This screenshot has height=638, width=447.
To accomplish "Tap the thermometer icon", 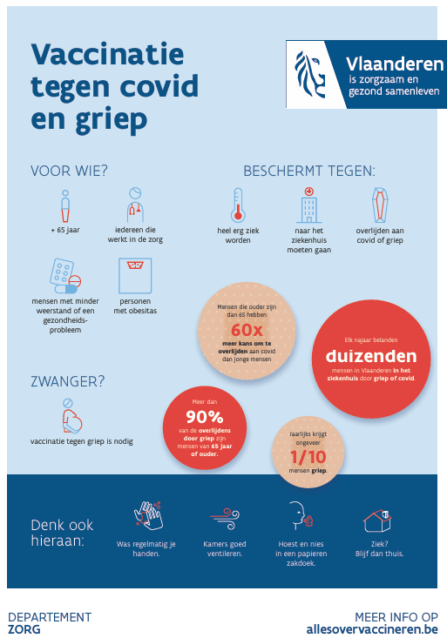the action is point(238,205).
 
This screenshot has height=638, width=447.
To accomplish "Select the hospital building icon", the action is point(308,205).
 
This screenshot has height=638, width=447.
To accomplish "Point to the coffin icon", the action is point(380,205).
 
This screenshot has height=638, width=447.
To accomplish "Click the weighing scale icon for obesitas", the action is point(135,275).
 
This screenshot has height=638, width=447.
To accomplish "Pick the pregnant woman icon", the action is point(71,415).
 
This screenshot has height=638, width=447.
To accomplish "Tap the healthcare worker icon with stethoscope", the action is point(135,205).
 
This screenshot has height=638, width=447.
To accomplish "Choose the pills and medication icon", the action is point(65,275).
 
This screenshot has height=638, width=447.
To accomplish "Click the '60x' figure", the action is point(247,330).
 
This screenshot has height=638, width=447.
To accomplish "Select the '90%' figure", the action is point(205,417).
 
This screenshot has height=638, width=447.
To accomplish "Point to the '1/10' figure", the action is point(308,457).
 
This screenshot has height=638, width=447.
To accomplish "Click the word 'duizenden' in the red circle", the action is point(371,356).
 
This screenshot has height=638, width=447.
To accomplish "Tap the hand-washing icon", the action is point(147,515).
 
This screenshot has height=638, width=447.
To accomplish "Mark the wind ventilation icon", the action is point(225,519).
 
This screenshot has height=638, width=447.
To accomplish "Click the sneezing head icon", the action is point(301,514).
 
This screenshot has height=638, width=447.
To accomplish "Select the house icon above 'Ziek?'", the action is point(377,520).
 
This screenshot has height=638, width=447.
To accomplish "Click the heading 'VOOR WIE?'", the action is point(69,171).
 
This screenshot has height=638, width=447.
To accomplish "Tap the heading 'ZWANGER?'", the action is point(68,381).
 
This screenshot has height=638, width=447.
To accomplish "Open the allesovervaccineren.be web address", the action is point(372,629).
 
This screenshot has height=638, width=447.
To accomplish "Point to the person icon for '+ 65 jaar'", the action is point(65,206).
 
